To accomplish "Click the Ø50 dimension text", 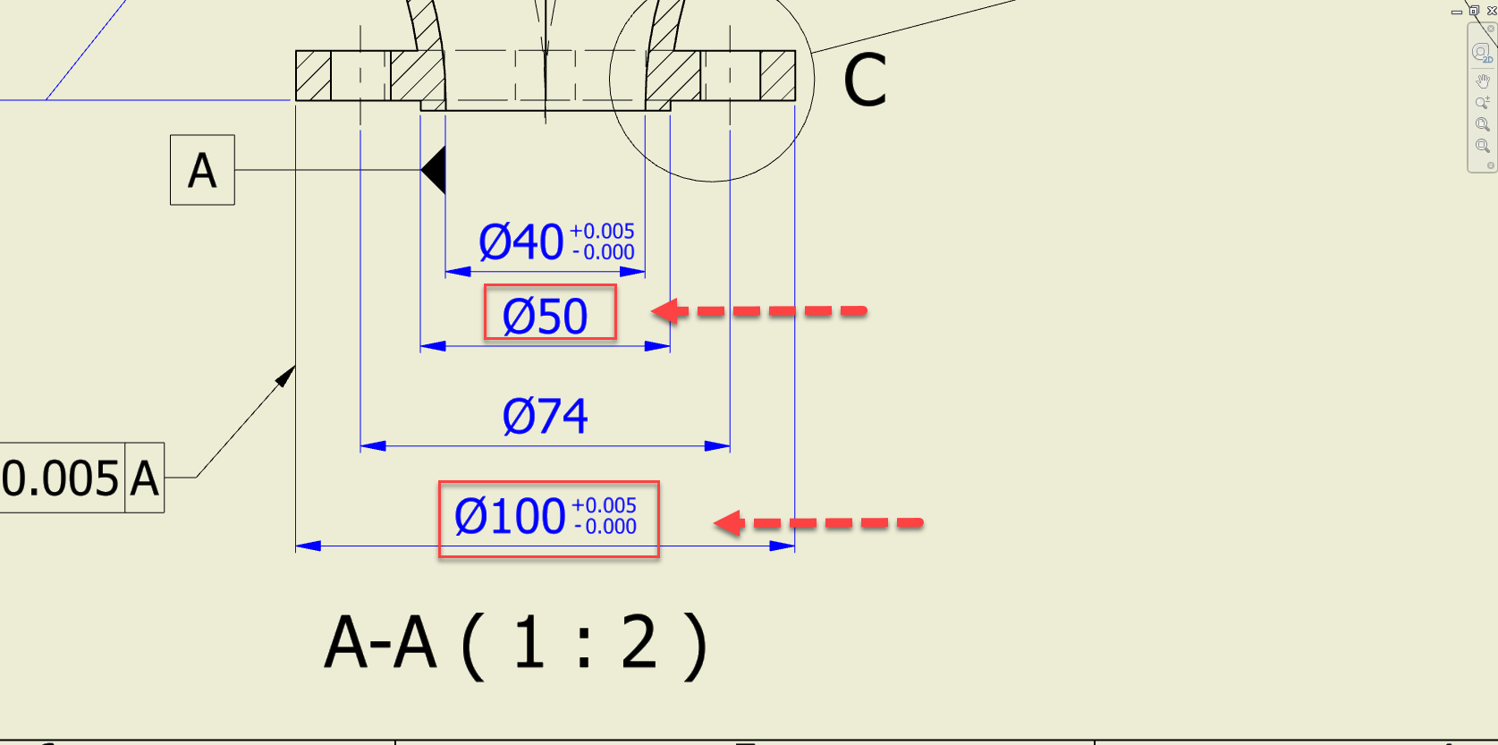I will [546, 316].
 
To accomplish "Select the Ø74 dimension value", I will [545, 416].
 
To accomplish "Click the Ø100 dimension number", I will [510, 517].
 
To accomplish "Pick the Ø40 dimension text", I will [521, 242].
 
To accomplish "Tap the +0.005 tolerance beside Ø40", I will [602, 231].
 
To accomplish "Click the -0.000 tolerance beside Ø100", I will [605, 527].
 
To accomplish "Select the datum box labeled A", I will [202, 170].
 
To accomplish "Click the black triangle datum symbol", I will [435, 170].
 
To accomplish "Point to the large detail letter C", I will [865, 80].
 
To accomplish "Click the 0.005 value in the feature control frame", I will [61, 478].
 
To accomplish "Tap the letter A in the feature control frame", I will [144, 478].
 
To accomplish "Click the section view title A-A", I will [381, 643].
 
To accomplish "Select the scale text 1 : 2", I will [585, 643].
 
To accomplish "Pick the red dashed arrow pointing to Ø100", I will [817, 522].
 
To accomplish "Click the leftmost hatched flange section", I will [313, 76].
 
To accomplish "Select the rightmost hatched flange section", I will [777, 76].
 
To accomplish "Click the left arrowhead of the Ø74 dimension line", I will [372, 445].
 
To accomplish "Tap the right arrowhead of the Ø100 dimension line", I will [783, 546].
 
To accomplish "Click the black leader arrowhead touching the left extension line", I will [286, 376].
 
